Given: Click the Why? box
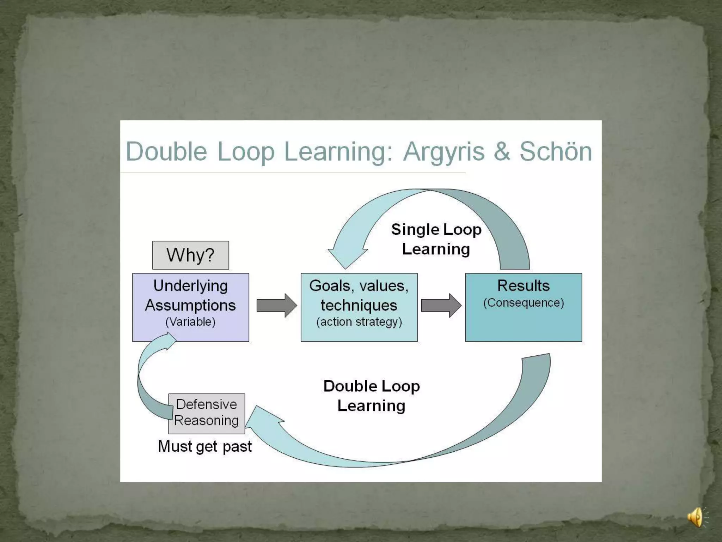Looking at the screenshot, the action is click(x=190, y=255).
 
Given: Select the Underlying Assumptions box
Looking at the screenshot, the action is click(x=190, y=307).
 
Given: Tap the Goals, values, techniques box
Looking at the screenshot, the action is click(x=359, y=307).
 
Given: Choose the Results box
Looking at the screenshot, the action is click(x=524, y=307).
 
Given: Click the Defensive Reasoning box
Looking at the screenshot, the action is click(x=207, y=413).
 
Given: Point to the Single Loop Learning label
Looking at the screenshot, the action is click(x=436, y=239).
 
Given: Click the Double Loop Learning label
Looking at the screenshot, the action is click(x=372, y=396).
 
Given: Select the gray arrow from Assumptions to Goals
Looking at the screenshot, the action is click(x=276, y=305).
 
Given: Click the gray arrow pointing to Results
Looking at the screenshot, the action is click(x=441, y=305).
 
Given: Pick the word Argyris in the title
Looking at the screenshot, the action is click(x=444, y=152).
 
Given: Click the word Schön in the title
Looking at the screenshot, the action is click(x=556, y=152).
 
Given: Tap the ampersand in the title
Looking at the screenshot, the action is click(x=502, y=152).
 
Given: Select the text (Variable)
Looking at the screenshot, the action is click(x=190, y=322).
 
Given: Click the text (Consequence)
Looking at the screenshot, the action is click(x=524, y=303).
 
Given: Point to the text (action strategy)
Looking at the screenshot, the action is click(x=359, y=322).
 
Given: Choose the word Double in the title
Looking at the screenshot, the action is click(x=166, y=152).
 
